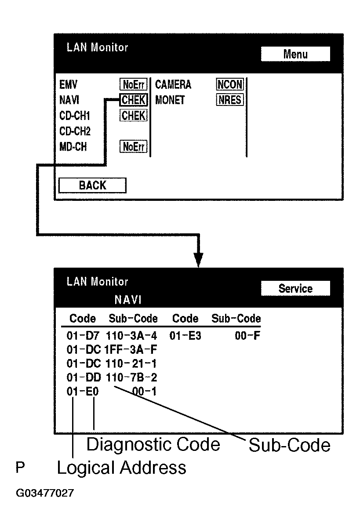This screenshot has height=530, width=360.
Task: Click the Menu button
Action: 295,54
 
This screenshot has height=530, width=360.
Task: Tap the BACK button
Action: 92,185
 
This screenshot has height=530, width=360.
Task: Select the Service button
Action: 295,289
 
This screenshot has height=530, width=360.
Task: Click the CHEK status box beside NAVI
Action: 134,100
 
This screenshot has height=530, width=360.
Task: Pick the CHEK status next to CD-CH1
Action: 134,116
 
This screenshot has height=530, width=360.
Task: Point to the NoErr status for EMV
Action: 134,84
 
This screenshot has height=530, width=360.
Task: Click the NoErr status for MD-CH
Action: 134,147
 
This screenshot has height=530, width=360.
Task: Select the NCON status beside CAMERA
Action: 230,84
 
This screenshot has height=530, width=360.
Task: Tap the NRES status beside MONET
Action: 230,100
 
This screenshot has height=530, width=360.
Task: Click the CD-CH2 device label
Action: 75,131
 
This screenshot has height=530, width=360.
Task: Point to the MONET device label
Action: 170,100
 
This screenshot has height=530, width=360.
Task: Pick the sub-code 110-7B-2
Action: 131,378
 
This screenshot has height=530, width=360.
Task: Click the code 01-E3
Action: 185,336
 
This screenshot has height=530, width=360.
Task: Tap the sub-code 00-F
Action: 249,336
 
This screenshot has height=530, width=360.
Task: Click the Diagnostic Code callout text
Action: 153,445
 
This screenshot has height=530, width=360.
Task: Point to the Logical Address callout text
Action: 121,468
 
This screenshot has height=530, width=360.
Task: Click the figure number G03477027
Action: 44,493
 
